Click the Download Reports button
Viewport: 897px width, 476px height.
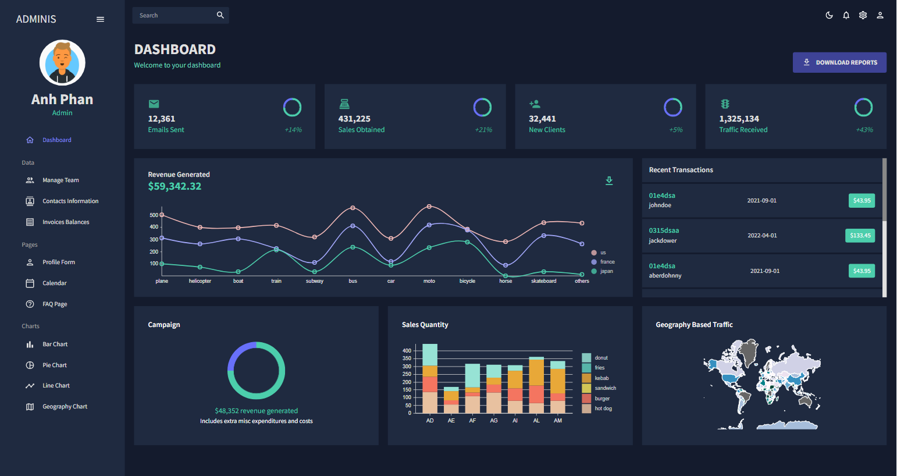839,62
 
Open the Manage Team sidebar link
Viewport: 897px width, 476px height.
60,180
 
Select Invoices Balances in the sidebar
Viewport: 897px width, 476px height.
65,222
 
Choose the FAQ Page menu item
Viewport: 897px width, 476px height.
55,304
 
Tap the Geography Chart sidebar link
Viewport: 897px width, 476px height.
65,407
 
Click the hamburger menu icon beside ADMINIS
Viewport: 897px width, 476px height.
100,19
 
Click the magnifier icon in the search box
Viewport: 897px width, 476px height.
220,15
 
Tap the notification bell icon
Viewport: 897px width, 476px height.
846,15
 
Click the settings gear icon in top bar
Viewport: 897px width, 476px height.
863,15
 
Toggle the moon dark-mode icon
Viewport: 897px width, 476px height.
829,15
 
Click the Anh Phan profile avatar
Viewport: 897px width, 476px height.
62,63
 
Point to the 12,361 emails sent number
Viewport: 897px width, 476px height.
162,119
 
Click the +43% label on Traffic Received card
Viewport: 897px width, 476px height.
864,130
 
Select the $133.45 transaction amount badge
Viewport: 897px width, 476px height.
860,236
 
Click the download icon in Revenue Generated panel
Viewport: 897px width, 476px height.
609,180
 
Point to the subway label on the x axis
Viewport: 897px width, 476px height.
315,281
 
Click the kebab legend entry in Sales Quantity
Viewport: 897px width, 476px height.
601,378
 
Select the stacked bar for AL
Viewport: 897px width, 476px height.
536,385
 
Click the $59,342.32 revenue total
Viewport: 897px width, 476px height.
175,186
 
